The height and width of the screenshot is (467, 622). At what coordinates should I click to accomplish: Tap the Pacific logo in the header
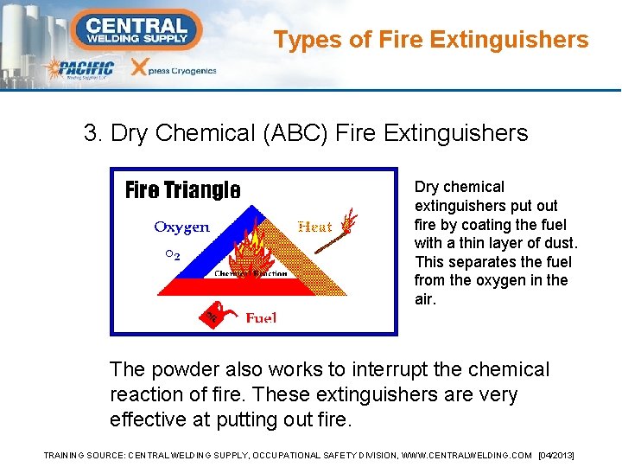click(x=81, y=69)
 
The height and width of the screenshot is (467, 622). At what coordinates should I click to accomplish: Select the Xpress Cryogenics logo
click(x=172, y=69)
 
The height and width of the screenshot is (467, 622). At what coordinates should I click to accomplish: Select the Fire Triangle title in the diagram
click(x=182, y=189)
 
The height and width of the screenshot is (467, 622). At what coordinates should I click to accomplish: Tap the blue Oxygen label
click(x=181, y=227)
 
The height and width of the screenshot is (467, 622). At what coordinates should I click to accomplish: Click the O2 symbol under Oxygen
click(x=172, y=255)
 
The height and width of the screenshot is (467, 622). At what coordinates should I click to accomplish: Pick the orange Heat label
click(x=314, y=227)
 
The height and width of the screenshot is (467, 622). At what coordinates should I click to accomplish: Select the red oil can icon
click(x=212, y=317)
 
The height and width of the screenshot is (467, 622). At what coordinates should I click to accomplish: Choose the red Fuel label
click(x=261, y=318)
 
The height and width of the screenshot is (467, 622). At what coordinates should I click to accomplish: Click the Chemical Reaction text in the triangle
click(x=251, y=273)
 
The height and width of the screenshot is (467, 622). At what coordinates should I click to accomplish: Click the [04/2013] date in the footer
click(x=555, y=455)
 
